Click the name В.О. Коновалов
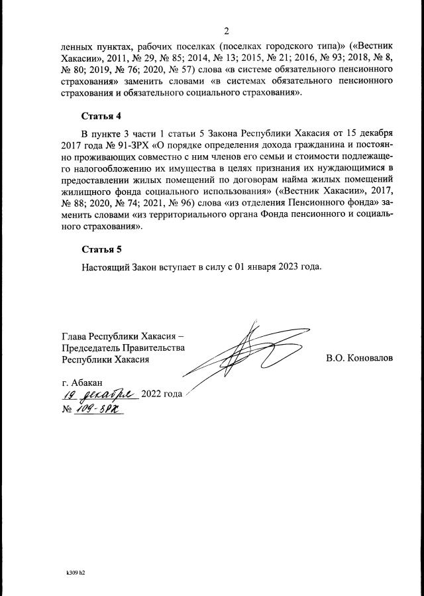(x=359, y=358)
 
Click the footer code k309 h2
(x=76, y=571)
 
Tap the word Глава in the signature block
(x=74, y=335)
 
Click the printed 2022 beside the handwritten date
(x=153, y=394)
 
